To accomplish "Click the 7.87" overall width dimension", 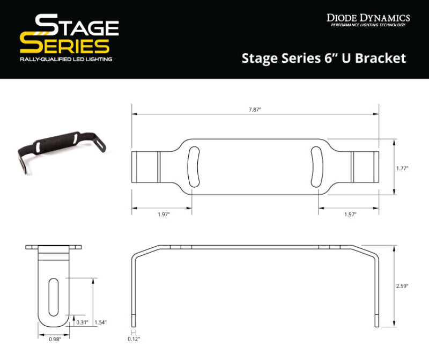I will click(255, 109).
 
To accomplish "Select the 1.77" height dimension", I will click(403, 167).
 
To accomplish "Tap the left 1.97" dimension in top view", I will click(163, 214).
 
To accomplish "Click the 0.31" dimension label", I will click(83, 322).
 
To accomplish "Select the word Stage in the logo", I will click(76, 26).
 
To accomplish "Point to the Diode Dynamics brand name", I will click(368, 18).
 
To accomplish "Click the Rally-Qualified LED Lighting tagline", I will click(65, 59).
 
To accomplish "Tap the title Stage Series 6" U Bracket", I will click(324, 58).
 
